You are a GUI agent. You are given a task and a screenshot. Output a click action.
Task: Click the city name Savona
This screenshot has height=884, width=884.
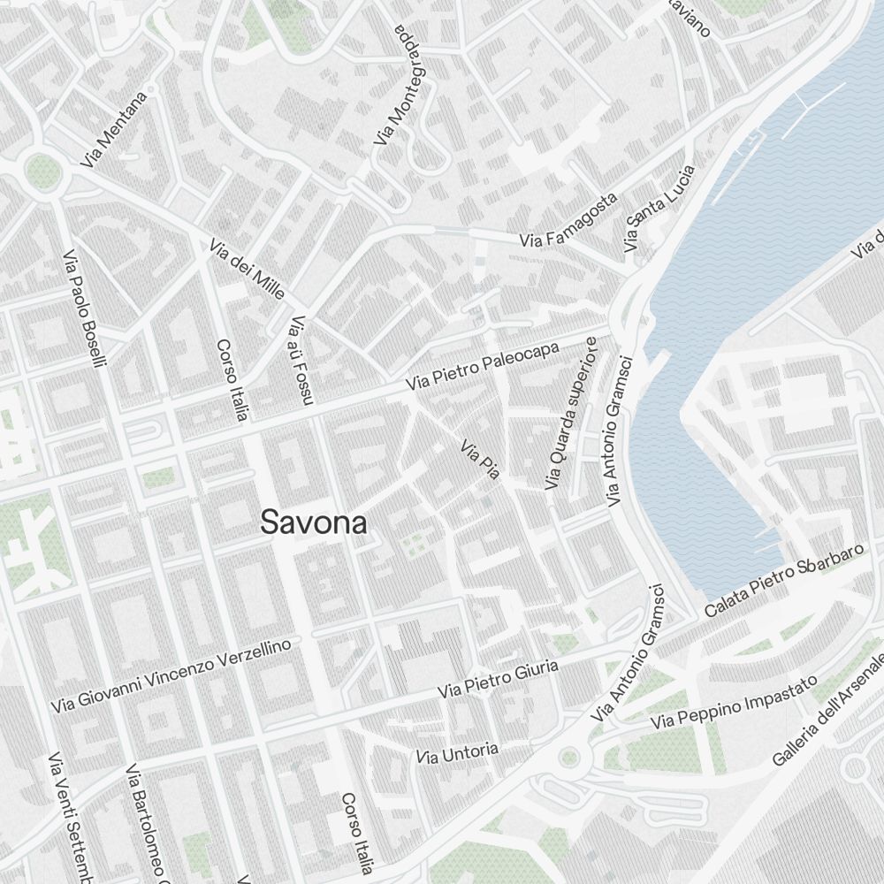[x=314, y=522]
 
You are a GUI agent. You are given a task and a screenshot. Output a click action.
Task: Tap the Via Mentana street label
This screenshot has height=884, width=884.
[x=112, y=130]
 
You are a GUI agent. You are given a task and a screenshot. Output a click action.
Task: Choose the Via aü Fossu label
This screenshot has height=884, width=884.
[x=300, y=360]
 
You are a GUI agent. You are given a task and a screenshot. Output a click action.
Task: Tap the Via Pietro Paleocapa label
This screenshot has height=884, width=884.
[x=483, y=367]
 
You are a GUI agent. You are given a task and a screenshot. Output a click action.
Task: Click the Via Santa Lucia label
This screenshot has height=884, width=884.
[x=659, y=208]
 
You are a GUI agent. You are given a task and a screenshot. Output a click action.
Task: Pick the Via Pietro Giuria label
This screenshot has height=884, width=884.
[x=499, y=678]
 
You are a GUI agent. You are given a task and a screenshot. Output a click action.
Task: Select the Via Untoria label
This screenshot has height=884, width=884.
[x=457, y=754]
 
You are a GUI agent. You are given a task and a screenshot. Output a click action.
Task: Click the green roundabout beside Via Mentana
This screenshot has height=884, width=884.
[x=41, y=171]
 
